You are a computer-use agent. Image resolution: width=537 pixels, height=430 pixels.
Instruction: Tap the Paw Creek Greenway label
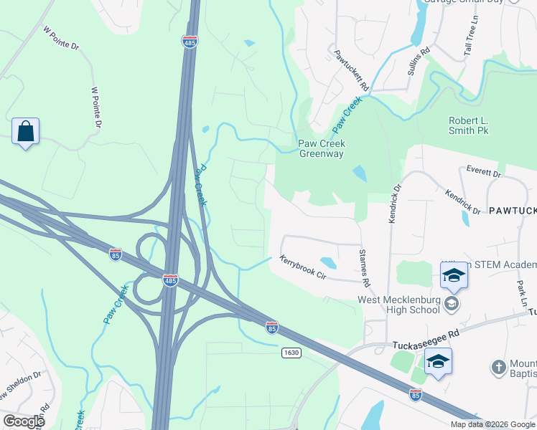coord(321,148)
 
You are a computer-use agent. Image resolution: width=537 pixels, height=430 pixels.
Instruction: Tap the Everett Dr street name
coord(482,173)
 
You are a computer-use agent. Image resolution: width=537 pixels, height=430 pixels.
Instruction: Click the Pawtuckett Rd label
coord(350,69)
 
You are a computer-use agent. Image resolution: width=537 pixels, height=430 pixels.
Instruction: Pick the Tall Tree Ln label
coord(471,39)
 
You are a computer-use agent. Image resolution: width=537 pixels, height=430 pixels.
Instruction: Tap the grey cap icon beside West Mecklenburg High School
coord(451,304)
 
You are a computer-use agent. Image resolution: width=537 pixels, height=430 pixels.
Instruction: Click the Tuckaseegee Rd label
coord(425,345)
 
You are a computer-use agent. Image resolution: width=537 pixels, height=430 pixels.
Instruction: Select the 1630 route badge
coord(291,353)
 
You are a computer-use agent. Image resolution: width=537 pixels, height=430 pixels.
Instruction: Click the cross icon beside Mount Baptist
coord(499,368)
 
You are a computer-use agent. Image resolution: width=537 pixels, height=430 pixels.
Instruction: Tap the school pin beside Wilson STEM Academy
coord(454,276)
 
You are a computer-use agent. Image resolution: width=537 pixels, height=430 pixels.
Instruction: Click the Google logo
coord(24,421)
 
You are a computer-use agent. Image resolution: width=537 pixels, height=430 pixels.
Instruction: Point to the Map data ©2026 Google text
coord(492,424)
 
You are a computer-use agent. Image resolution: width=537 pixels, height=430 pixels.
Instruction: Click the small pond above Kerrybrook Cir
coord(327,263)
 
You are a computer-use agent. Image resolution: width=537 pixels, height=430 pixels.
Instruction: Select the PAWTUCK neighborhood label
coord(513,211)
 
